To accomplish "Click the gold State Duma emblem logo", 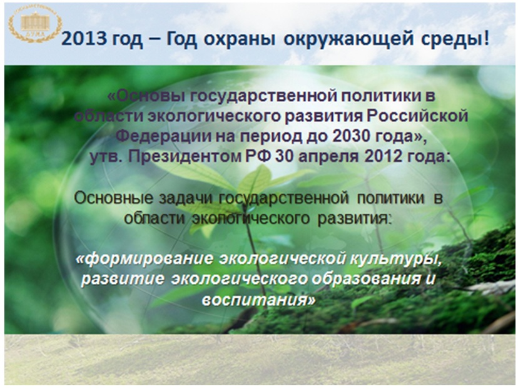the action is pos(35,23).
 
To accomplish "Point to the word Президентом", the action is pos(185,157).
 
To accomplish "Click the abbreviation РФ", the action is pos(258,156).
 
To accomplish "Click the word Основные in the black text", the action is pos(113,198).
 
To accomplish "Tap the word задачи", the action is pos(186,199).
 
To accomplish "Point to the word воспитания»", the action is pos(258,300).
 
